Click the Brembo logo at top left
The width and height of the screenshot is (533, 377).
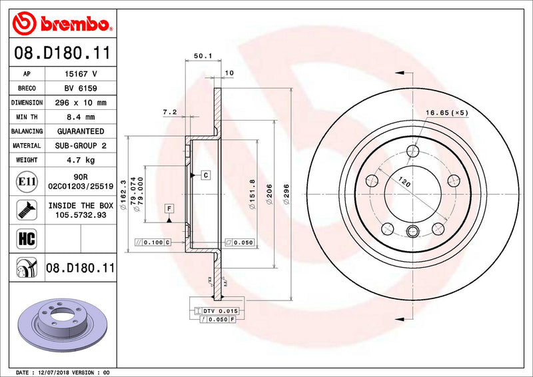click(61, 25)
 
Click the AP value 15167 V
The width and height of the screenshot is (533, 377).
click(81, 75)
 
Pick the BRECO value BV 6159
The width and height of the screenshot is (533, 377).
click(81, 89)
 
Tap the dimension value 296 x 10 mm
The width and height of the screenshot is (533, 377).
click(81, 103)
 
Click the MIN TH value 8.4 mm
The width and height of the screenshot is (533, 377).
click(81, 117)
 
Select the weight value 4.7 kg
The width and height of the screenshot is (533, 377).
click(81, 160)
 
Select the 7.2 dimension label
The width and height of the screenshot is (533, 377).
click(169, 113)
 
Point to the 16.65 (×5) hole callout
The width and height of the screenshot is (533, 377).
click(446, 114)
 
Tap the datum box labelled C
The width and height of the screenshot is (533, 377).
click(206, 175)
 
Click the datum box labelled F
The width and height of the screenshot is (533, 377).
click(169, 208)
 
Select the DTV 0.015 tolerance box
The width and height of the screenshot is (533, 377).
click(219, 311)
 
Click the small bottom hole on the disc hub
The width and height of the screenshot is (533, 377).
click(412, 232)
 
